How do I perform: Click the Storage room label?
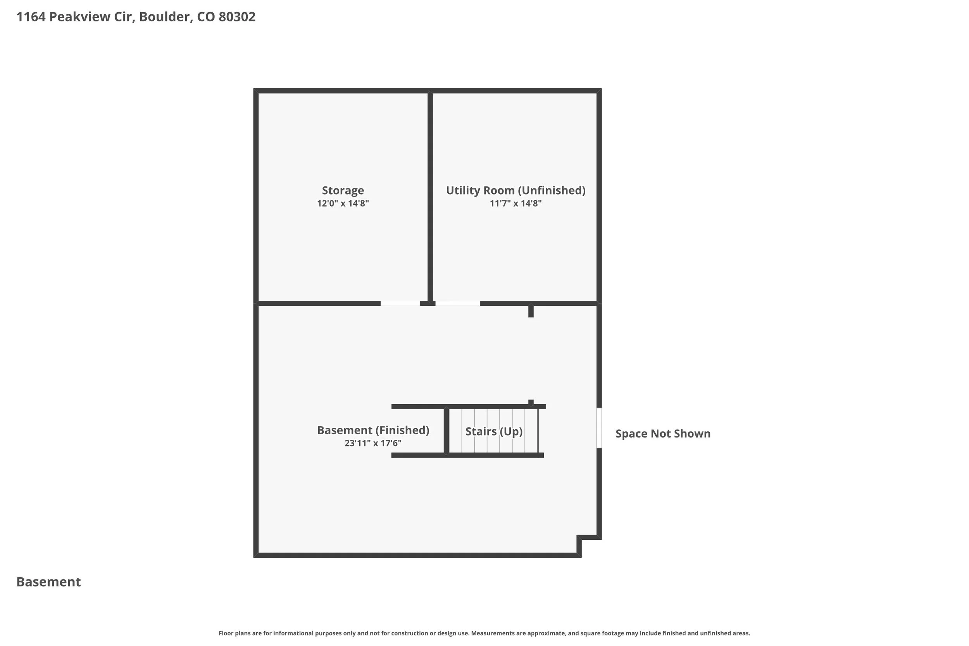[x=342, y=190]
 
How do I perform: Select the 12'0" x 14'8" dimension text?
[x=342, y=203]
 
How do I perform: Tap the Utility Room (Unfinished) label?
[x=516, y=190]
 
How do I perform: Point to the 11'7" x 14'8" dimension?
[x=516, y=203]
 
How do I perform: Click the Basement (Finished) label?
[x=373, y=430]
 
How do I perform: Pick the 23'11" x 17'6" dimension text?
[x=373, y=443]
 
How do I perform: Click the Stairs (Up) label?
[x=493, y=431]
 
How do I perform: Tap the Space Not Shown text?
[x=662, y=433]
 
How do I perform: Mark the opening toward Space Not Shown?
[x=599, y=428]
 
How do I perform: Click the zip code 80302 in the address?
[x=237, y=17]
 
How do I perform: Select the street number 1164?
[x=31, y=17]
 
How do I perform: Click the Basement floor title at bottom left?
[x=48, y=582]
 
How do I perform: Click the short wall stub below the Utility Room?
[x=531, y=311]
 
